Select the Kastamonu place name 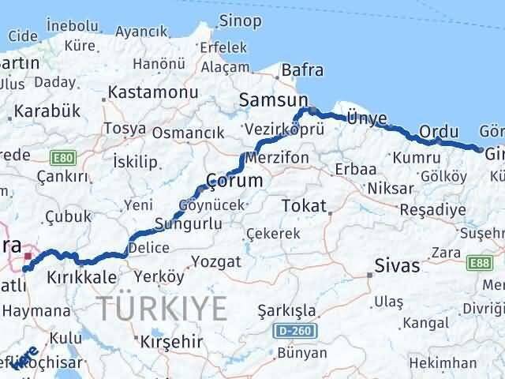coord(145,93)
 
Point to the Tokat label coord(304,205)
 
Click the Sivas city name coord(398,265)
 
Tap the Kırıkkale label coord(80,278)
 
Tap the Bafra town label coord(301,70)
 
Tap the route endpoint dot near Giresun coord(481,149)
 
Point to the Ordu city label coord(439,131)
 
